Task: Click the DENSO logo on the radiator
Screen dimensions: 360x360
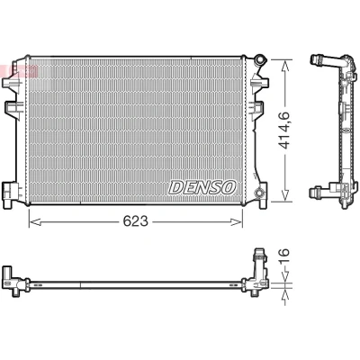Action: [202, 187]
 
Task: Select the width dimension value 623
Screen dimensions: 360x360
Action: [135, 221]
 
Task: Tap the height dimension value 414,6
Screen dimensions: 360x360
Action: [283, 130]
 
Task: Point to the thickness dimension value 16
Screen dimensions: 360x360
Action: [283, 256]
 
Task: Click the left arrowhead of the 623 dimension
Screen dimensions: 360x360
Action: [35, 222]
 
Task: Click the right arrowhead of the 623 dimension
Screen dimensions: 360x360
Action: [236, 222]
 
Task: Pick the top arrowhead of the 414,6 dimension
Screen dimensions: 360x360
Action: [285, 66]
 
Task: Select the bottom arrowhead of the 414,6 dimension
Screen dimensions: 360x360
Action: [285, 195]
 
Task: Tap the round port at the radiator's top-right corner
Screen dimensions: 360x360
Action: [259, 59]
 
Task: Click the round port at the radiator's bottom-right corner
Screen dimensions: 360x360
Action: [257, 193]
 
